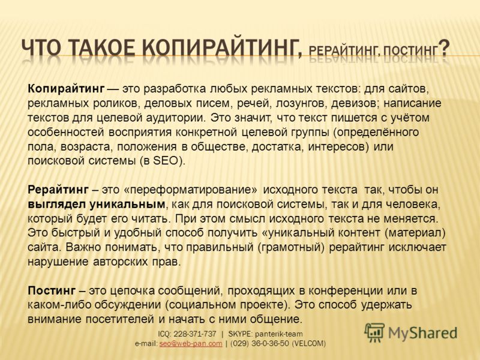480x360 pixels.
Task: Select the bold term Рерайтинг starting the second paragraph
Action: click(x=59, y=189)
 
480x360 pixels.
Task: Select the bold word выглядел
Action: click(x=55, y=203)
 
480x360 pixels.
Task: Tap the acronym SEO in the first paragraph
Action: click(x=166, y=160)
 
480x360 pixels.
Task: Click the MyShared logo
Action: click(x=410, y=332)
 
